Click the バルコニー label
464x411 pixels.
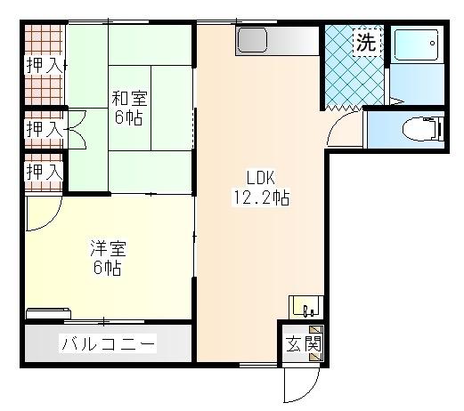[108, 344]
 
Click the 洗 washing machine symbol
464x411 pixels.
[365, 42]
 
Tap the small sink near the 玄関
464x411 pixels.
[305, 307]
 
